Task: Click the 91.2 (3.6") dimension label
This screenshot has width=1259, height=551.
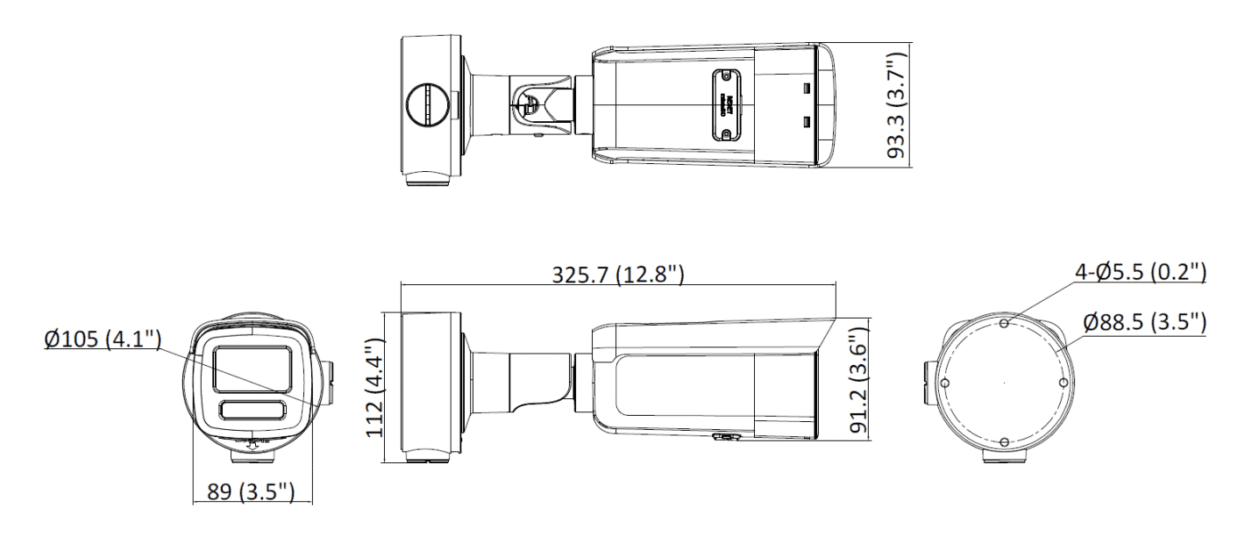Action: pos(857,378)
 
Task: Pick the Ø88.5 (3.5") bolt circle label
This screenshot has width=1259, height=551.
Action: pos(1144,322)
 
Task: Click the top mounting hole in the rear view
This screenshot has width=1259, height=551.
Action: pos(1004,324)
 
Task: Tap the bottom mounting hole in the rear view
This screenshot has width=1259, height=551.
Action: pos(1004,442)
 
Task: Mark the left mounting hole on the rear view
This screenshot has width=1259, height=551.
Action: pos(944,383)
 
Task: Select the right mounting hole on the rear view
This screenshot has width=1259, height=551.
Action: pos(1063,383)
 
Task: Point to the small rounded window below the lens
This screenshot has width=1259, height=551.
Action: pos(253,410)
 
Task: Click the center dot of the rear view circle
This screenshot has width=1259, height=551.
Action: pos(1004,383)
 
